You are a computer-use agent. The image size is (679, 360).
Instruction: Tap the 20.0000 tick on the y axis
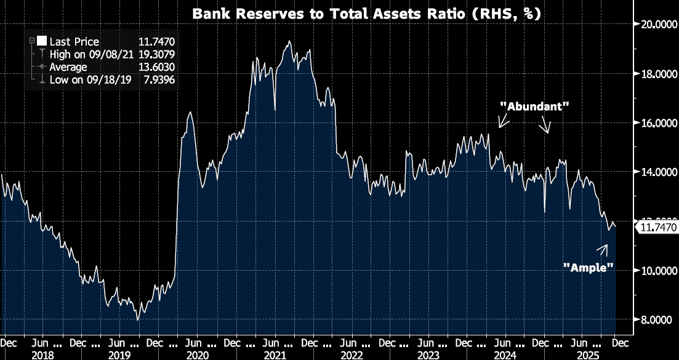(x=656, y=25)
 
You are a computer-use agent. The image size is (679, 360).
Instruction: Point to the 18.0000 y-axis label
(x=656, y=74)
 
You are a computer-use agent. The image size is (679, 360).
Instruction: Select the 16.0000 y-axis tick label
(x=656, y=123)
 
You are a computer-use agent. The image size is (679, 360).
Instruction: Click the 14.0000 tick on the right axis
(x=656, y=172)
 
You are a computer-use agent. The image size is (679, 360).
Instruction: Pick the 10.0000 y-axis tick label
(x=656, y=271)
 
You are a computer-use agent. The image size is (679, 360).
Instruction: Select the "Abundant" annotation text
(x=534, y=106)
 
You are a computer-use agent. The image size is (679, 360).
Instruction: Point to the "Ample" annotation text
(x=589, y=267)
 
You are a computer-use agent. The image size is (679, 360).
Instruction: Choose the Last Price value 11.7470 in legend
(x=155, y=41)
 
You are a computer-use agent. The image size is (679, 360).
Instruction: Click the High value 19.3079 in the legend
(x=155, y=54)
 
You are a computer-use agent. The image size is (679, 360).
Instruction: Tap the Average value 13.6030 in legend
(x=155, y=67)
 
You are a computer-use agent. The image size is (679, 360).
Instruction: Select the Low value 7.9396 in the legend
(x=158, y=80)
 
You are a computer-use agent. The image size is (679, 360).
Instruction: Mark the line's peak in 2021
(x=289, y=41)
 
